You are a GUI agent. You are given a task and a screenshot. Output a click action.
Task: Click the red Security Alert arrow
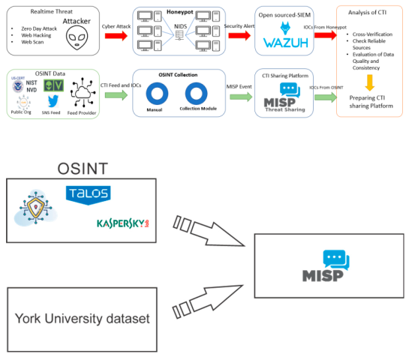click(239, 37)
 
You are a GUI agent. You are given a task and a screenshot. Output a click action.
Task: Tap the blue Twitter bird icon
click(53, 101)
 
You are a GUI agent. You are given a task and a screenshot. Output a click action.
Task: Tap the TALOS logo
click(89, 194)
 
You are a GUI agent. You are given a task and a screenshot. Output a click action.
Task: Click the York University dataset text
click(82, 319)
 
